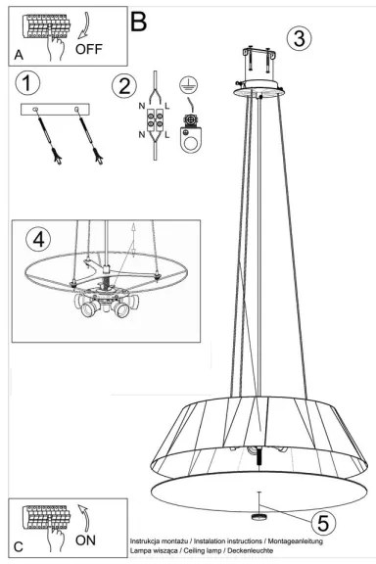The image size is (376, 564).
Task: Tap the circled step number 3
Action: tap(300, 38)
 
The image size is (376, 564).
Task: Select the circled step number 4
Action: tap(37, 237)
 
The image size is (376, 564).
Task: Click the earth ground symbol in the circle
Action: tap(187, 84)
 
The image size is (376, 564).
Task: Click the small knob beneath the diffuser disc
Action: tap(259, 514)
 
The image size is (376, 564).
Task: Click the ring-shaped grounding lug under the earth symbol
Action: tap(189, 142)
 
